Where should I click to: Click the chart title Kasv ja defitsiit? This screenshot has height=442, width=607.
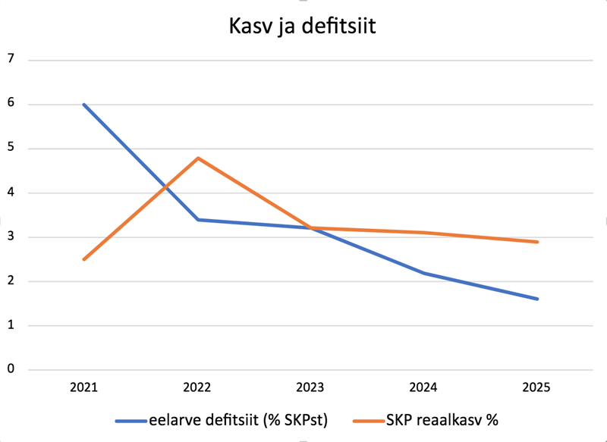[x=303, y=29]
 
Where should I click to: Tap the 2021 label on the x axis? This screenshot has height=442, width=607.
[x=84, y=387]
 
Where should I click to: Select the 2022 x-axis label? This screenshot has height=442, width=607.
[x=197, y=387]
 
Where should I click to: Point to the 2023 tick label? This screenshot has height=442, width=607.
[x=310, y=387]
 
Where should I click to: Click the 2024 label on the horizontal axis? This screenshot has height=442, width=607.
[x=423, y=387]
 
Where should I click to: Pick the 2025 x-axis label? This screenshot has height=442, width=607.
[x=537, y=387]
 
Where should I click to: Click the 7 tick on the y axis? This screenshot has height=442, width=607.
[x=10, y=59]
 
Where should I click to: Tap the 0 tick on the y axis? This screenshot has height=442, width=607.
[x=10, y=369]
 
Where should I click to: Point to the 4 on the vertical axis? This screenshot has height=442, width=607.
[x=10, y=193]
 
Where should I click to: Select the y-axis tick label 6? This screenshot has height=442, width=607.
[x=10, y=104]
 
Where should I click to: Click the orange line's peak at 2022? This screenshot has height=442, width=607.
[x=197, y=158]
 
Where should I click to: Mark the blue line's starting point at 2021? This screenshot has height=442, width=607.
[x=84, y=104]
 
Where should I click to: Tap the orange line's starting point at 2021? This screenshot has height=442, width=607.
[x=84, y=259]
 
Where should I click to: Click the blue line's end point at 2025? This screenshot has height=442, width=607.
[x=537, y=299]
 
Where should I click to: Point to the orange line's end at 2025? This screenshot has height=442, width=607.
[x=537, y=242]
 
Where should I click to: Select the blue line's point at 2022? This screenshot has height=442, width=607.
[x=197, y=220]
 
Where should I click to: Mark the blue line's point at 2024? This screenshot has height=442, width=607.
[x=423, y=273]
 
